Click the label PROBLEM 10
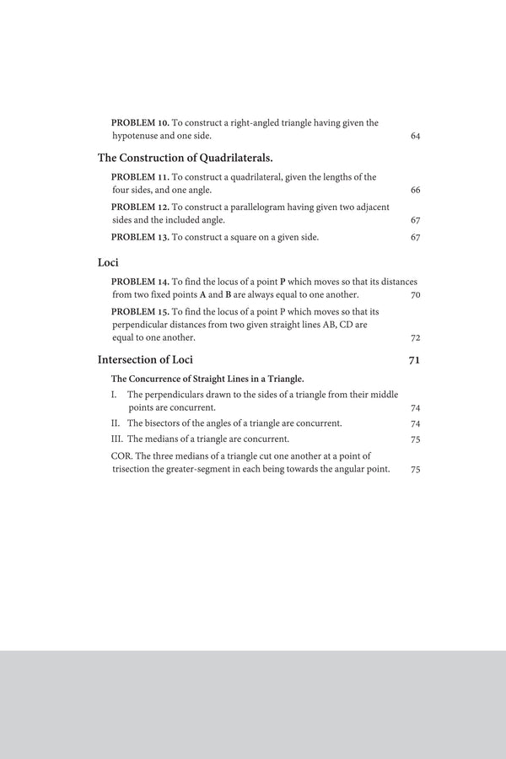pos(140,122)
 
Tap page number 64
pos(415,136)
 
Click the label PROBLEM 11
pos(140,177)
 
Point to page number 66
pos(415,191)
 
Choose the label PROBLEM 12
pos(140,207)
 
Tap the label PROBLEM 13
pos(140,237)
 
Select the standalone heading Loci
pos(108,261)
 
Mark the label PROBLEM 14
pos(140,281)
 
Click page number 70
pos(415,295)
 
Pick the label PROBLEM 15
pos(140,311)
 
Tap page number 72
pos(415,338)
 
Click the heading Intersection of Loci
pos(146,360)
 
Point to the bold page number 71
pos(414,360)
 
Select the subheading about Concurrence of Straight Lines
pos(207,379)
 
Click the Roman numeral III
pos(117,439)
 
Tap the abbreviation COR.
pos(121,455)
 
